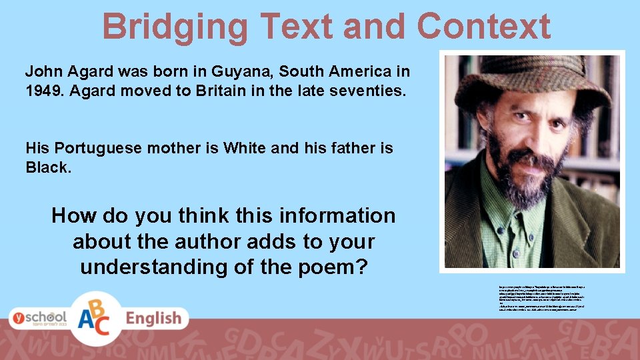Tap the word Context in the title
pyautogui.click(x=483, y=27)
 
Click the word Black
pyautogui.click(x=47, y=167)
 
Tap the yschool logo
pyautogui.click(x=38, y=317)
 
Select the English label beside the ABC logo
pyautogui.click(x=153, y=319)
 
